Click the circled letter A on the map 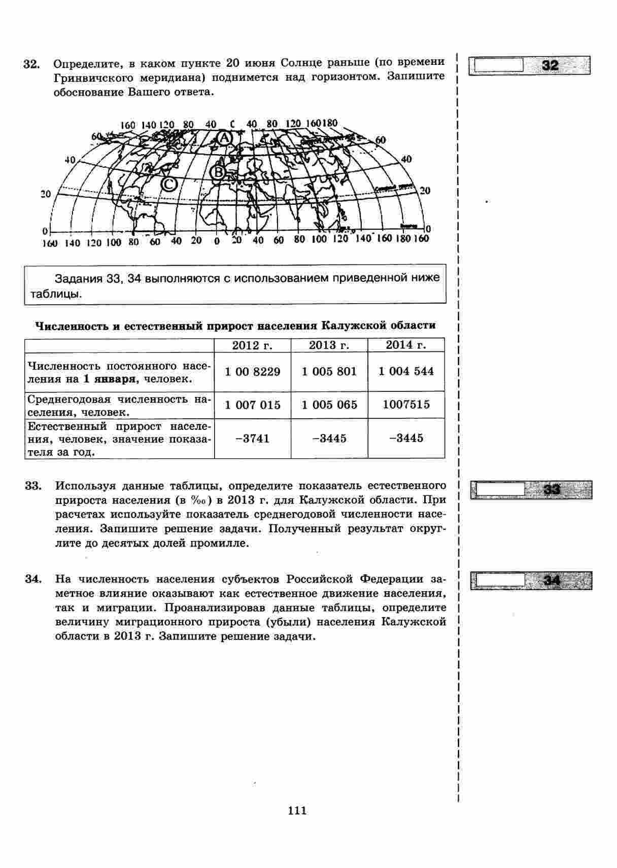click(224, 137)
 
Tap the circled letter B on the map click(218, 173)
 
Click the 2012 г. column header click(252, 346)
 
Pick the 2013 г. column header click(329, 346)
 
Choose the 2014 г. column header click(406, 345)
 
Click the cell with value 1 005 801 click(329, 372)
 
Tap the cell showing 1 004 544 click(406, 371)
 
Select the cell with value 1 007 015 click(252, 405)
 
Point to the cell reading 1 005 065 click(329, 405)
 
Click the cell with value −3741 click(252, 439)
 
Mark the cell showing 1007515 click(406, 405)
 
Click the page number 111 click(297, 811)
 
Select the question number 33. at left click(32, 486)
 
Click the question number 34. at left click(32, 580)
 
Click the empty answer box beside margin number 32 click(497, 65)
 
